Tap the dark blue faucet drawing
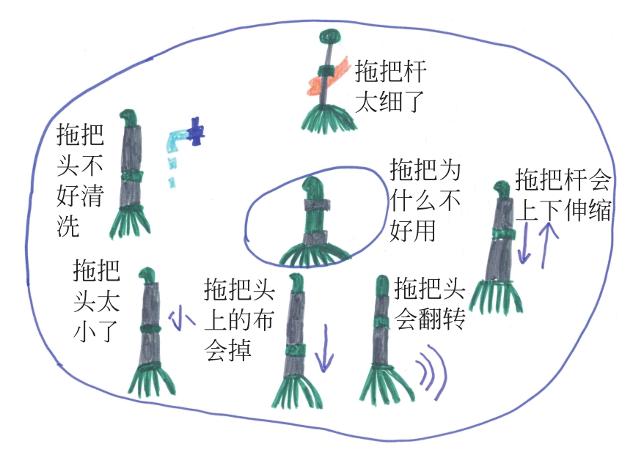point(195,132)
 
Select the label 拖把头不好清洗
point(78,180)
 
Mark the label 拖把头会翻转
point(430,305)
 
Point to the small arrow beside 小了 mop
point(173,319)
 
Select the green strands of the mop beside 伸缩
point(496,297)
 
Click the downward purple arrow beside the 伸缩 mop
point(524,245)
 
